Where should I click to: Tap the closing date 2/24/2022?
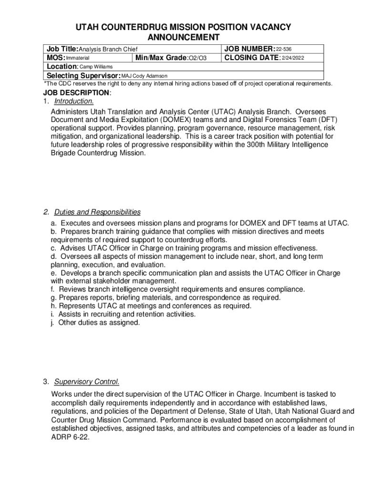293,58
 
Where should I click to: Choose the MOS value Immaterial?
77,58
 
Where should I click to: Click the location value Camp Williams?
96,67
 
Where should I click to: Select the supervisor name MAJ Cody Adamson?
144,76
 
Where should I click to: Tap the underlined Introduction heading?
74,102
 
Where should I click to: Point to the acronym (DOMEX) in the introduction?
144,120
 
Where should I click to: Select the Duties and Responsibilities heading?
97,212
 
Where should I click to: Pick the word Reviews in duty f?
71,289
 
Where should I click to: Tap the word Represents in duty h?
76,306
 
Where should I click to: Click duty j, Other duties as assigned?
99,323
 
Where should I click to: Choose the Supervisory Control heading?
86,382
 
